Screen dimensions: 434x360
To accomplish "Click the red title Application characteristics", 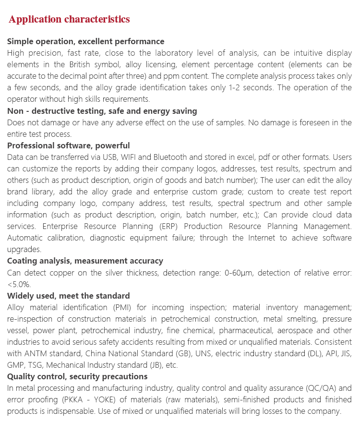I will (x=69, y=20).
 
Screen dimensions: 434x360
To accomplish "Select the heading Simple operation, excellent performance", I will (x=86, y=41).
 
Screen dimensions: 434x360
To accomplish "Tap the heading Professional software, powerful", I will (x=69, y=145).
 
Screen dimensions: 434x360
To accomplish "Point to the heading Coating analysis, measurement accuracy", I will (x=85, y=261).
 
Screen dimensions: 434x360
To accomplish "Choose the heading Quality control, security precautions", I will (x=77, y=376).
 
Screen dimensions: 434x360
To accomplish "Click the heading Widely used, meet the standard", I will (x=69, y=296).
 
